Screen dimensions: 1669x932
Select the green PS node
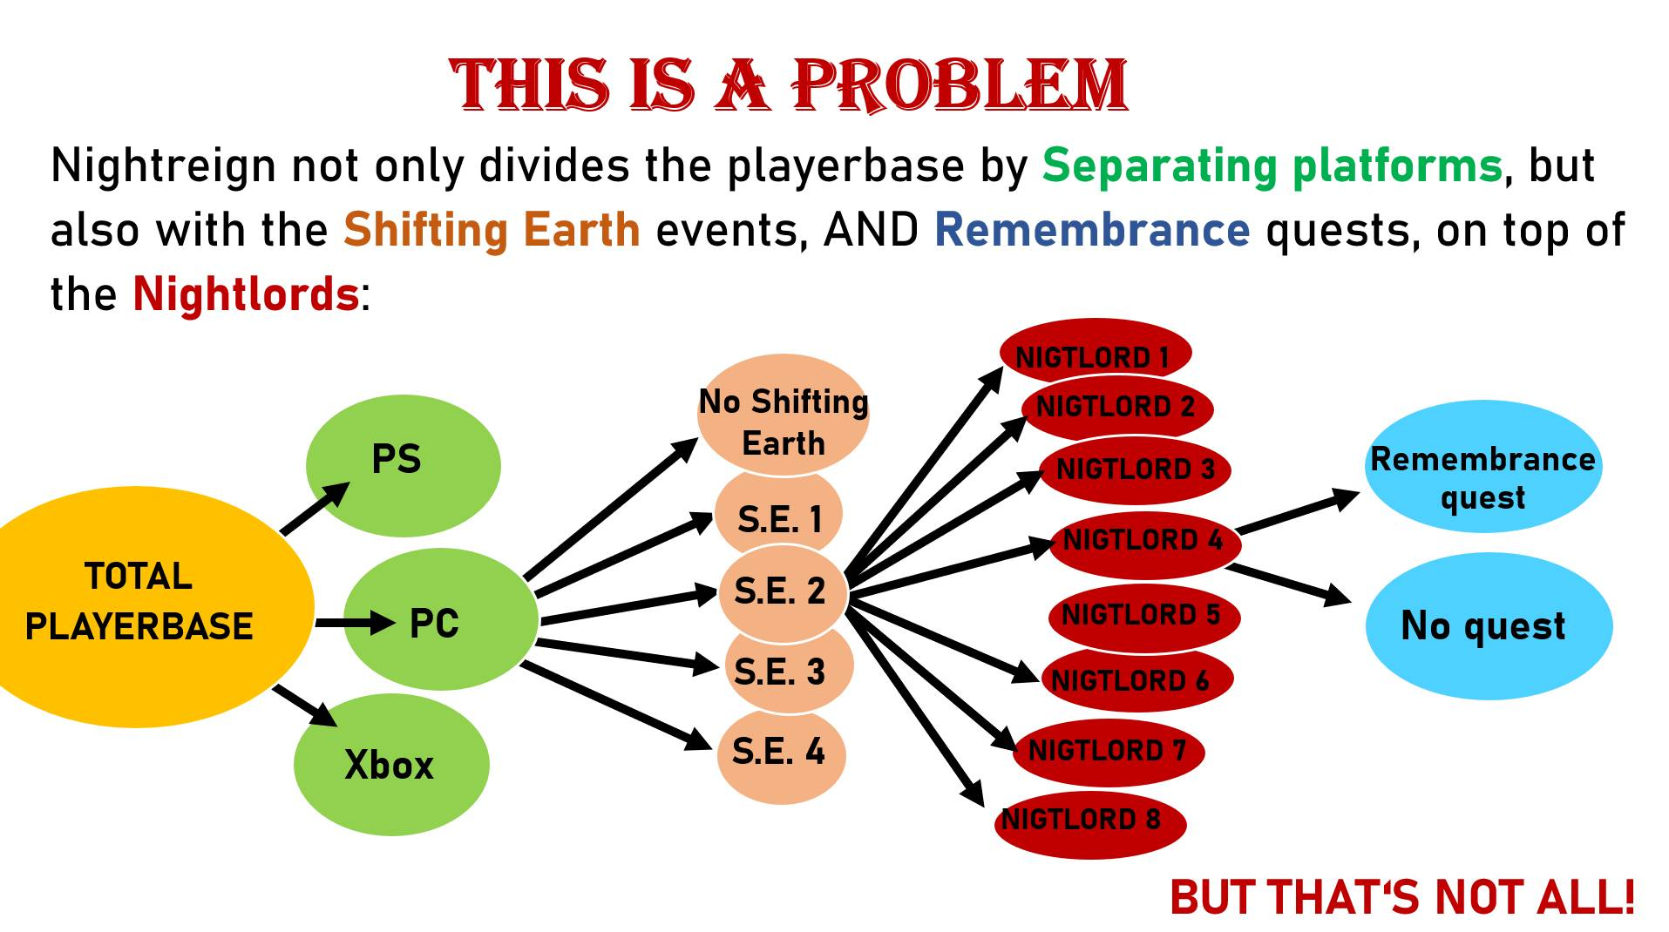tap(403, 466)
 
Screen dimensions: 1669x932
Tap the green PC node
tap(441, 619)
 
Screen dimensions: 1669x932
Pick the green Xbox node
tap(391, 765)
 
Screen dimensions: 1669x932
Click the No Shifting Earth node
tap(783, 415)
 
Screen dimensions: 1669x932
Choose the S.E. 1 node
tap(778, 516)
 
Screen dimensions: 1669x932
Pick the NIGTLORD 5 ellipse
tap(1143, 617)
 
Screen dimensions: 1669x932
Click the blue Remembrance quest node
tap(1483, 466)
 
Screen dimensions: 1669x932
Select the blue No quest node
tap(1489, 625)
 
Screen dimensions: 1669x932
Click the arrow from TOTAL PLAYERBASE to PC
tap(356, 623)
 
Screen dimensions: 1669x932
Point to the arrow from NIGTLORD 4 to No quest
tap(1289, 584)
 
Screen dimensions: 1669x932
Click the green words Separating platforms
tap(1272, 165)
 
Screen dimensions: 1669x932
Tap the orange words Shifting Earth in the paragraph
tap(492, 231)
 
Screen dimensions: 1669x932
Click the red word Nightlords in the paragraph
tap(246, 294)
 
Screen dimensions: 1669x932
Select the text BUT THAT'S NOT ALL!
tap(1402, 897)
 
